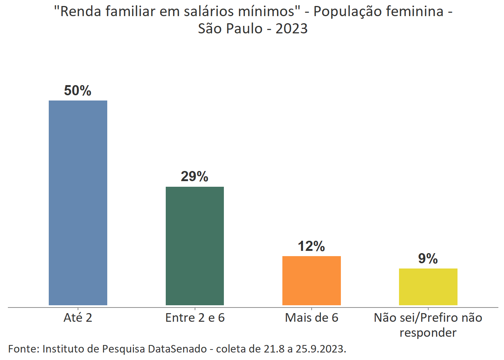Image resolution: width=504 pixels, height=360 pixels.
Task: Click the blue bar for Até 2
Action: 78,202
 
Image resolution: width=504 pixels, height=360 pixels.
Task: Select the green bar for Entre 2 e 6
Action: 195,246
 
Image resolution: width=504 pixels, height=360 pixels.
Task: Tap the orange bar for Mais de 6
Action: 311,280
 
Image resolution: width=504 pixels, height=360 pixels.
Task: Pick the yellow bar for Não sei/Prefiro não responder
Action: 428,286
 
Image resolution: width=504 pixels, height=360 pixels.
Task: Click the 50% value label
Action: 78,91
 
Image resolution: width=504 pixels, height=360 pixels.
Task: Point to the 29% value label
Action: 194,176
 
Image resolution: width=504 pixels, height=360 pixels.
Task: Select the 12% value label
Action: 311,246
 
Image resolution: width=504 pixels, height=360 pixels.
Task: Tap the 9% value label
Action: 428,259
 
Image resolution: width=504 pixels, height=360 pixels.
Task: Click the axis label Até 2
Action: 78,318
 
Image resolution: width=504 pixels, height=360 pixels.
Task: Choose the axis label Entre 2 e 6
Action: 195,318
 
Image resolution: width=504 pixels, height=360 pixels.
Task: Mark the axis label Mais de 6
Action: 311,318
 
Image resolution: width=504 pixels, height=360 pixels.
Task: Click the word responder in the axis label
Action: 428,333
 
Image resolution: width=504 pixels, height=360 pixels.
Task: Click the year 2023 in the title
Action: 291,29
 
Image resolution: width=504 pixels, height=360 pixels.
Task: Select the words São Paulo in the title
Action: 230,29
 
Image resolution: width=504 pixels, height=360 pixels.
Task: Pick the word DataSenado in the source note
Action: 177,349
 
